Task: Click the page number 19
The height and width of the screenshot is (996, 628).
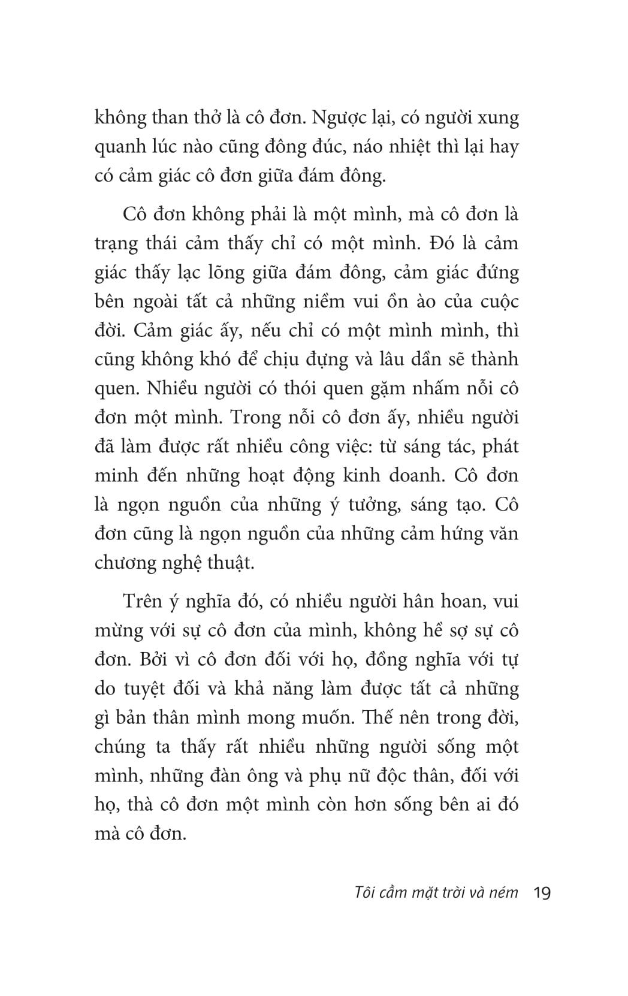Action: point(541,894)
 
